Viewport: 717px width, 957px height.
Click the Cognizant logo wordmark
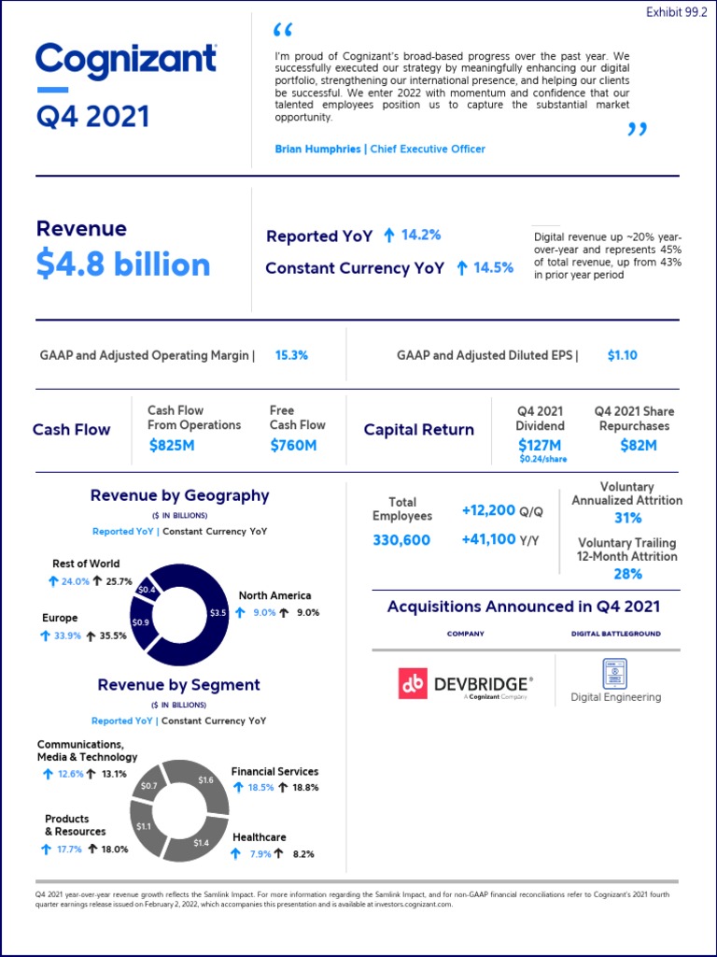(126, 61)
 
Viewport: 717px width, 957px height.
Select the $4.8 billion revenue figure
(123, 265)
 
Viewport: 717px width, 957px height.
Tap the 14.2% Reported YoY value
(420, 236)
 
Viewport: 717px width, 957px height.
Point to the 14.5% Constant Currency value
(493, 268)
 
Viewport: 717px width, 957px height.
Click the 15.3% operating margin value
(291, 355)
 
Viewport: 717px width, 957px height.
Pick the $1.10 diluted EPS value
(622, 355)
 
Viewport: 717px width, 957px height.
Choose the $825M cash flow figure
(173, 446)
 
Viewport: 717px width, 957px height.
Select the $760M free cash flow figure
(293, 446)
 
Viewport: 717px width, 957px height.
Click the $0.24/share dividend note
(542, 460)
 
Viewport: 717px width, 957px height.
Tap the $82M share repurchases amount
(639, 446)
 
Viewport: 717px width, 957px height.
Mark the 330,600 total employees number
(401, 540)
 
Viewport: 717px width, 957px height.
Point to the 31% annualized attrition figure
(627, 518)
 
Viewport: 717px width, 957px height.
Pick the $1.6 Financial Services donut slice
(206, 779)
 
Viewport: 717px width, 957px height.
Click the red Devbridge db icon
(413, 685)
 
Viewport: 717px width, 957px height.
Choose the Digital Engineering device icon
(615, 673)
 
